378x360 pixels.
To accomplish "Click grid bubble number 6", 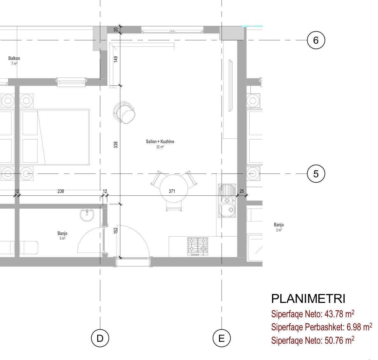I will pyautogui.click(x=316, y=40).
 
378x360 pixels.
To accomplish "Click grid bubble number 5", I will pyautogui.click(x=316, y=174).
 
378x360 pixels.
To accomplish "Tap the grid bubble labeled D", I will pyautogui.click(x=100, y=338).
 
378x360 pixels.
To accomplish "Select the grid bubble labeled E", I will pyautogui.click(x=222, y=338).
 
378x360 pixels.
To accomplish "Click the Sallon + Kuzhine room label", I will pyautogui.click(x=160, y=142).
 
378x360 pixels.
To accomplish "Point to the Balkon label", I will pyautogui.click(x=14, y=58).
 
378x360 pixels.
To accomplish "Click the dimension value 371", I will pyautogui.click(x=172, y=191).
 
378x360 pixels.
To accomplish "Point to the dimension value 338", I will pyautogui.click(x=116, y=145).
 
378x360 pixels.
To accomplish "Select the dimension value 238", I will pyautogui.click(x=61, y=191).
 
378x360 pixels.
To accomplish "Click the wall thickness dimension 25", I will pyautogui.click(x=241, y=191).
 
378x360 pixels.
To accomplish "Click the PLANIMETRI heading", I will pyautogui.click(x=308, y=299).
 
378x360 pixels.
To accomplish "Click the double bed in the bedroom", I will pyautogui.click(x=55, y=137).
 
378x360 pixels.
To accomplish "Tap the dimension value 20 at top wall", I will pyautogui.click(x=116, y=30).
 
